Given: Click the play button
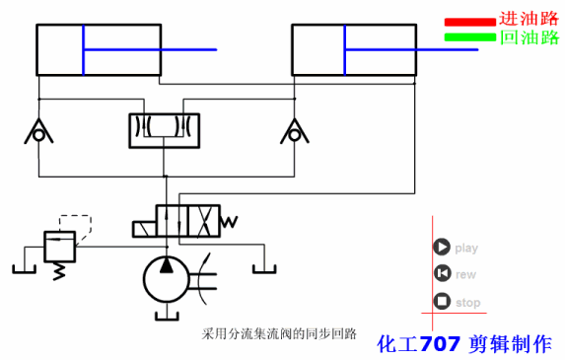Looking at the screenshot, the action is pyautogui.click(x=442, y=248).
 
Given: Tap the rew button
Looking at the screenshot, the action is pyautogui.click(x=442, y=274).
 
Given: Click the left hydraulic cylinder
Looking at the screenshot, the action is pyautogui.click(x=99, y=50).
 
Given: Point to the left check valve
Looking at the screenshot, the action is pyautogui.click(x=38, y=132).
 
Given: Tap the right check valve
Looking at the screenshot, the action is pyautogui.click(x=292, y=132).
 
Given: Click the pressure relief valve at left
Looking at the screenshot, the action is pyautogui.click(x=59, y=244).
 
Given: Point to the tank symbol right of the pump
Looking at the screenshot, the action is pyautogui.click(x=262, y=263).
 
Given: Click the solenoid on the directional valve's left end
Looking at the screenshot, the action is pyautogui.click(x=144, y=228).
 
